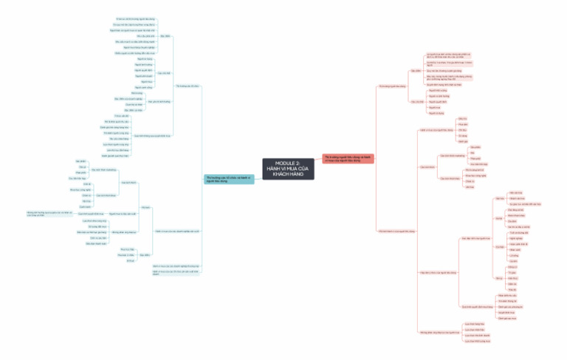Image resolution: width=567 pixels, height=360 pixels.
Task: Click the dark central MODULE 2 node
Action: click(x=287, y=168)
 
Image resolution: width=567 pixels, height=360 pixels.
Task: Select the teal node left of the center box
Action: click(x=229, y=179)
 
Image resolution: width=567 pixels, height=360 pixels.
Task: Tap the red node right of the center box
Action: click(x=348, y=158)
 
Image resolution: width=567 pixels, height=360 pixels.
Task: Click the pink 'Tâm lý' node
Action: click(x=498, y=278)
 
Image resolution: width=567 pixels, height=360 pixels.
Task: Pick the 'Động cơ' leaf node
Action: click(x=512, y=266)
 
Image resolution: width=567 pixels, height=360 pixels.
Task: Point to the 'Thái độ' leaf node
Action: click(x=512, y=290)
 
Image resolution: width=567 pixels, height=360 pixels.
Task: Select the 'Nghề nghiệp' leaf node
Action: click(x=513, y=238)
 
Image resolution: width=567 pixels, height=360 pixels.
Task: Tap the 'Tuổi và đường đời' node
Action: click(x=517, y=233)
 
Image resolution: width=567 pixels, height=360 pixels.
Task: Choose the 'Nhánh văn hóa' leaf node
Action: click(x=517, y=198)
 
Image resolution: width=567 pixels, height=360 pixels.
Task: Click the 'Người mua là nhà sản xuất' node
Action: click(x=123, y=213)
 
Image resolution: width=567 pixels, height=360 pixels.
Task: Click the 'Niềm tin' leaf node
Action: click(x=512, y=283)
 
